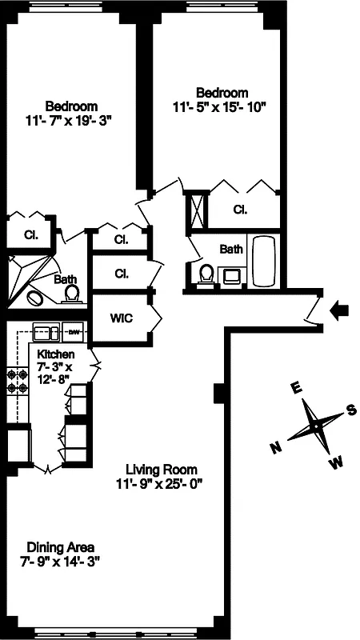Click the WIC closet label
(x=122, y=318)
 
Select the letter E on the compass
(x=295, y=388)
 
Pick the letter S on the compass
(x=350, y=410)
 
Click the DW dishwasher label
(x=74, y=331)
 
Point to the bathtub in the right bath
(x=263, y=262)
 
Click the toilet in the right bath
(x=206, y=274)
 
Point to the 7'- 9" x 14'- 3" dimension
(x=59, y=562)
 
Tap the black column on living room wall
(x=219, y=394)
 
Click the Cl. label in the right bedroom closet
(x=240, y=210)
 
